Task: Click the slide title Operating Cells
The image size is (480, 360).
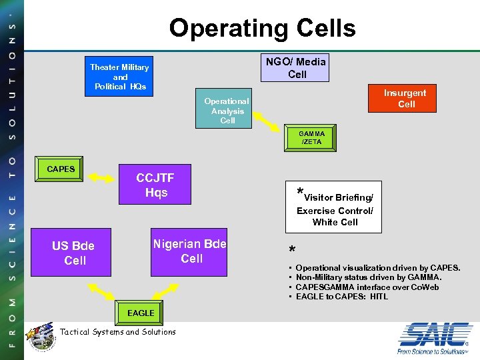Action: click(x=262, y=28)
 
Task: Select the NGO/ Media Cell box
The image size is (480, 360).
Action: click(x=297, y=68)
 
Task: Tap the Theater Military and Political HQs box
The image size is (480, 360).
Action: click(x=119, y=77)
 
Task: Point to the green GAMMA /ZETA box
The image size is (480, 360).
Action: click(x=311, y=138)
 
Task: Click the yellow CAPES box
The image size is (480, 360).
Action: click(x=61, y=169)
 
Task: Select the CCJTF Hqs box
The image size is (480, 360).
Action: click(x=155, y=185)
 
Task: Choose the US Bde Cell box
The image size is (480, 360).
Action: click(x=75, y=253)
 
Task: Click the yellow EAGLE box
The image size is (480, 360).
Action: click(x=140, y=313)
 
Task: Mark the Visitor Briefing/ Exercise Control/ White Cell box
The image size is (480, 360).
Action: click(x=334, y=207)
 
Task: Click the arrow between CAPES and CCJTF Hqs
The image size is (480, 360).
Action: click(x=103, y=177)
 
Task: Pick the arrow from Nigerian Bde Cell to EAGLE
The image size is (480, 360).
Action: click(x=163, y=291)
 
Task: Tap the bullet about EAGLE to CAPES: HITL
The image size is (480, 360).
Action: click(x=342, y=297)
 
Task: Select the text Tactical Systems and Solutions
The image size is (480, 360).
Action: click(x=118, y=332)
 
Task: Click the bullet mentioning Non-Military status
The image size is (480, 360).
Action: click(x=369, y=277)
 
